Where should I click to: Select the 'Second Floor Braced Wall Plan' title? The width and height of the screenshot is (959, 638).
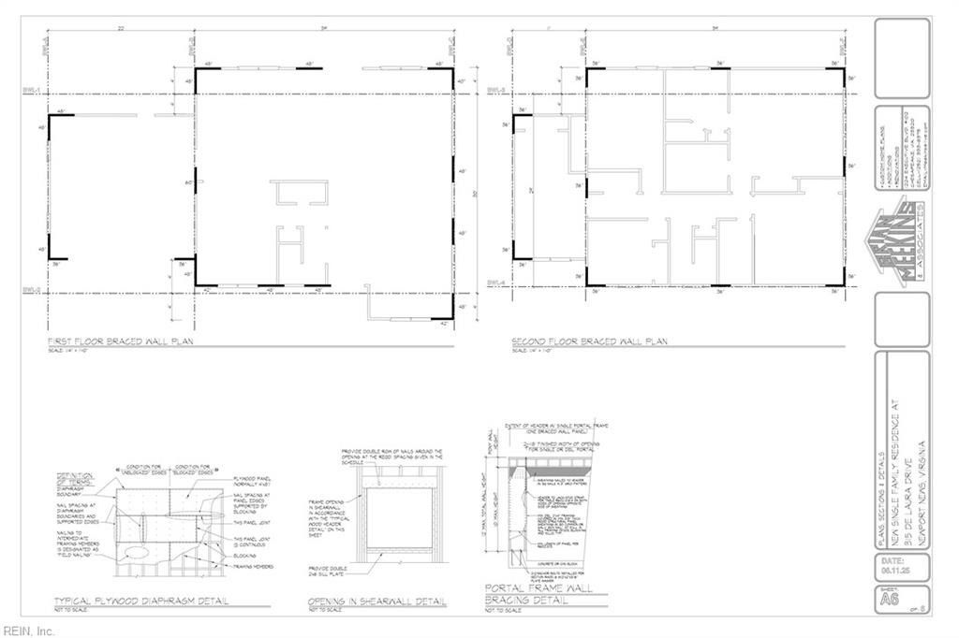coord(589,342)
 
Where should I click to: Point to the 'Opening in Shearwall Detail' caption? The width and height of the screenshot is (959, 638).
coord(377,601)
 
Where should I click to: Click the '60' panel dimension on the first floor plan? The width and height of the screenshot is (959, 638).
coord(188,181)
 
